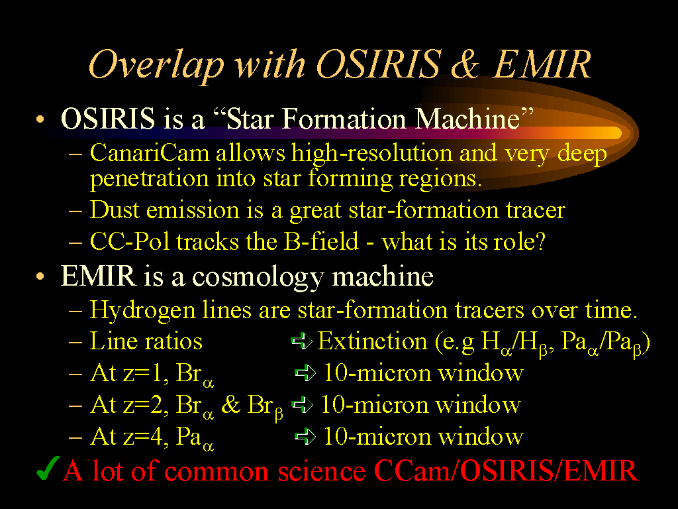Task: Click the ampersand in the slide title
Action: pyautogui.click(x=465, y=64)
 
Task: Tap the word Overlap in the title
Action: pyautogui.click(x=156, y=65)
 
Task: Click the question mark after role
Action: pyautogui.click(x=540, y=241)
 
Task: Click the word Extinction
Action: pyautogui.click(x=372, y=341)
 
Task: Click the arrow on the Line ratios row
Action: pyautogui.click(x=302, y=341)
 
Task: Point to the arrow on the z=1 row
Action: pyautogui.click(x=305, y=372)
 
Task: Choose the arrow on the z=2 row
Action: pyautogui.click(x=302, y=405)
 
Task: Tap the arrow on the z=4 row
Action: pyautogui.click(x=305, y=436)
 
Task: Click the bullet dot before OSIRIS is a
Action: pyautogui.click(x=40, y=119)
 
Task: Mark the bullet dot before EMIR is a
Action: pyautogui.click(x=40, y=276)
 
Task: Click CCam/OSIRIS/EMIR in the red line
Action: pyautogui.click(x=505, y=470)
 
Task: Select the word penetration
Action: pyautogui.click(x=149, y=179)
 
